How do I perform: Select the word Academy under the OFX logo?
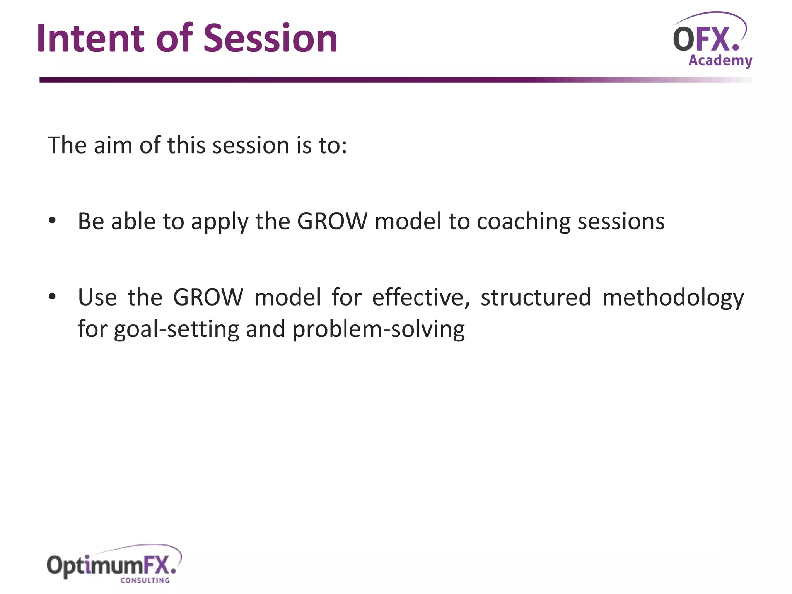pos(720,61)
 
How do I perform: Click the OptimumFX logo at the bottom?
pos(112,565)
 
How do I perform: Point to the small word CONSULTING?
pos(145,580)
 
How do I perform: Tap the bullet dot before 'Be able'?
pos(52,221)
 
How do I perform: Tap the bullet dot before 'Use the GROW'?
pos(52,297)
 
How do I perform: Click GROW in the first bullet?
pos(332,221)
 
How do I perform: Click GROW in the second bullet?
pos(208,297)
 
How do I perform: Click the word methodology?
pos(673,298)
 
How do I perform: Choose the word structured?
pos(536,297)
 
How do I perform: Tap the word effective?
pos(421,297)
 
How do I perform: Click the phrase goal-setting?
pos(177,329)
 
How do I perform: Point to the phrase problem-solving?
pos(378,329)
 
